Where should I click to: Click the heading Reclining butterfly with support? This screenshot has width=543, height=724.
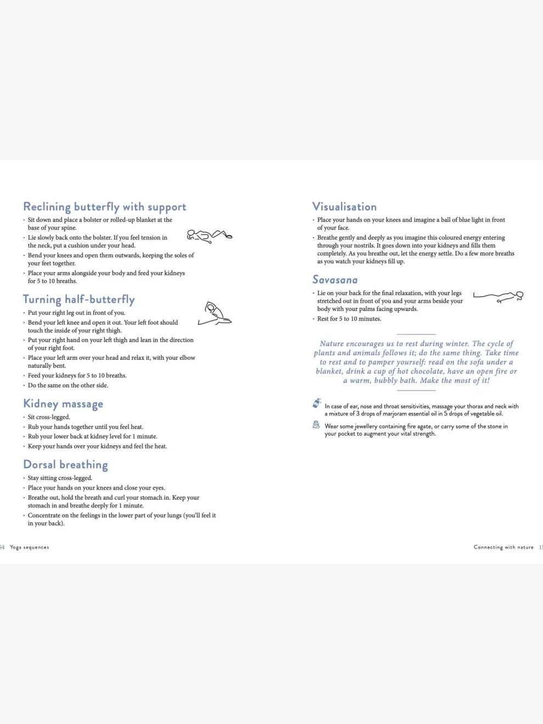[104, 207]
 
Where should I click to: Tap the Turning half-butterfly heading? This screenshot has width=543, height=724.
[78, 299]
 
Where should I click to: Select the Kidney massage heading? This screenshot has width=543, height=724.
[63, 404]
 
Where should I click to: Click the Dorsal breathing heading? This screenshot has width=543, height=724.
[65, 465]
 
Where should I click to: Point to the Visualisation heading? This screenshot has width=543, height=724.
[344, 207]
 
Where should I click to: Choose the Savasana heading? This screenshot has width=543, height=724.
[335, 280]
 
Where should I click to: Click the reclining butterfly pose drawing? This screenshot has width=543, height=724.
[210, 236]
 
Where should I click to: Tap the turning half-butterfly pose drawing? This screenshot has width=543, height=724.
[215, 314]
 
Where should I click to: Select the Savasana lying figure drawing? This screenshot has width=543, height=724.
[498, 297]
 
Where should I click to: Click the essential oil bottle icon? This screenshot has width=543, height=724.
[316, 404]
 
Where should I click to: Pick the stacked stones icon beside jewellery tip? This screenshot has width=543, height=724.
[316, 425]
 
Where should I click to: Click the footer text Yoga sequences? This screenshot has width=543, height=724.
[30, 547]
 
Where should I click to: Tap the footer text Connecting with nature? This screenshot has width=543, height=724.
[504, 547]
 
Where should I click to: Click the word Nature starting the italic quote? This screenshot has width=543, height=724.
[331, 344]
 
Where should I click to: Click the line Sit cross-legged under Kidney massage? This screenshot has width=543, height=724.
[49, 417]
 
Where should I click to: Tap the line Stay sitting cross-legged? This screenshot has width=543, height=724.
[60, 478]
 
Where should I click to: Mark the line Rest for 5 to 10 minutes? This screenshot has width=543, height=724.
[349, 319]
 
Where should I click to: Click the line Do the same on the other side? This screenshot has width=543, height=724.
[68, 386]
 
